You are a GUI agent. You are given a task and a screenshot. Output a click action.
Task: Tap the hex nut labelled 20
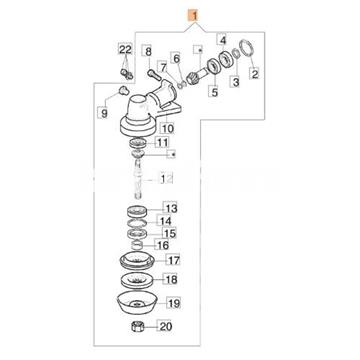pos(137,326)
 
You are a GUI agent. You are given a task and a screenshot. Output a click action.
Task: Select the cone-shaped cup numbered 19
pos(136,304)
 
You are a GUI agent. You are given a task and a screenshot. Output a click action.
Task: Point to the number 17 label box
pos(171,260)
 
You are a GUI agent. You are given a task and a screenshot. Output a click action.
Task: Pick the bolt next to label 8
pos(153,75)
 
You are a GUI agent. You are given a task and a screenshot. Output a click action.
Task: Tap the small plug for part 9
pos(124,90)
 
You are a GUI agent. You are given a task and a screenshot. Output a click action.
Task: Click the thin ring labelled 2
pos(246,48)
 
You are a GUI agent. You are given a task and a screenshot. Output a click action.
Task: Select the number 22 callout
pos(125,49)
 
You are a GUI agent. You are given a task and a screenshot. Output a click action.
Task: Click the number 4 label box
pos(223,40)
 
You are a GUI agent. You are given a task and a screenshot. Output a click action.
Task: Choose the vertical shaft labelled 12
pos(139,177)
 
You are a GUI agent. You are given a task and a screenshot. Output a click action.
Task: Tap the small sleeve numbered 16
pos(138,246)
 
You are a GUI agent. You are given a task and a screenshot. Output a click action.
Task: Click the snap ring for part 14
pos(136,223)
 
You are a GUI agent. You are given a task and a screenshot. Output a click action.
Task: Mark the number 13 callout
pos(170,209)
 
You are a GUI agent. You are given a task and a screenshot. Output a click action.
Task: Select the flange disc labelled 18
pos(136,280)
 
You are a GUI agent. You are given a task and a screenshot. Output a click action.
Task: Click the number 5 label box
pos(214,91)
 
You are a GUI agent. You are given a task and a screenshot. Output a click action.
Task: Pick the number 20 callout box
pos(165,326)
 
